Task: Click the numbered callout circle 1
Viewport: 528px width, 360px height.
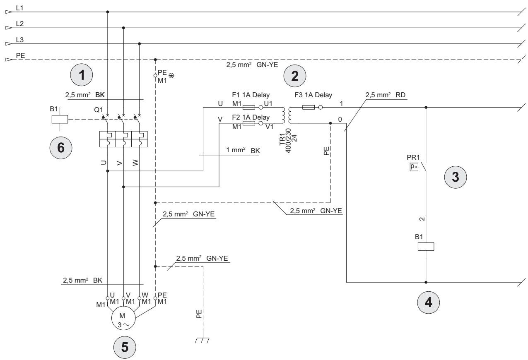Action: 82,75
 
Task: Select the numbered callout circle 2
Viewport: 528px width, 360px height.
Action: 294,76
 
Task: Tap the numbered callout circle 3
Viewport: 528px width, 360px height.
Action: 456,177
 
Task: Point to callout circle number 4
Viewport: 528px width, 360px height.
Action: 428,302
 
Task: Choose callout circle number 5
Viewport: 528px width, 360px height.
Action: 125,347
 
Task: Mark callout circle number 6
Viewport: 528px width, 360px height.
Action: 61,148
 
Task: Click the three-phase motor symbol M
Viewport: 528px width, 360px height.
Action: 123,319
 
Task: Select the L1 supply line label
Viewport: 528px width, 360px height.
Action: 20,8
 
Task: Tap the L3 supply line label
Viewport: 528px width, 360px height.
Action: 20,40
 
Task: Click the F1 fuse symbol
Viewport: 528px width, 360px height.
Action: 249,108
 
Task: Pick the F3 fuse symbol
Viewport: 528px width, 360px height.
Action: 309,108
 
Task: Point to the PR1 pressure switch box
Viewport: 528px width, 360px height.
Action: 414,167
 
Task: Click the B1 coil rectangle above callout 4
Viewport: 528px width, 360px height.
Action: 426,247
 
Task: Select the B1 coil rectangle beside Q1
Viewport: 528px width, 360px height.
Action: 60,119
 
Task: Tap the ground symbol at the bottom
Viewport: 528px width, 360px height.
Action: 202,340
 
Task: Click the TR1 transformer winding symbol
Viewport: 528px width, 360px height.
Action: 287,115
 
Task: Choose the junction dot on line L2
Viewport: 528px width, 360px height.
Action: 123,28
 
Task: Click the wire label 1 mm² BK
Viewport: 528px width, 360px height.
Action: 243,150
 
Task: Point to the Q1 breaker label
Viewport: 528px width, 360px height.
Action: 99,110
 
